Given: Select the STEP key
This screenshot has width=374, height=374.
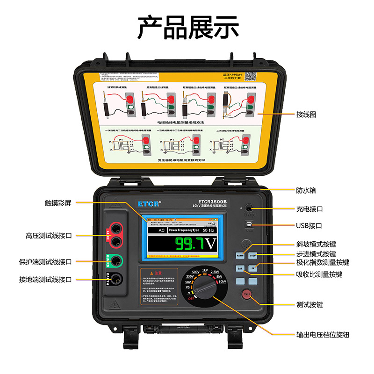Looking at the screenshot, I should [x=253, y=256].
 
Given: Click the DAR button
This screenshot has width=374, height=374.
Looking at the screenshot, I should [x=240, y=269].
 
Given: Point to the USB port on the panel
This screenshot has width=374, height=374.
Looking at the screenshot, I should [x=249, y=225].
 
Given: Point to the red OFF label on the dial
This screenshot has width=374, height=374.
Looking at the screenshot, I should [x=191, y=298].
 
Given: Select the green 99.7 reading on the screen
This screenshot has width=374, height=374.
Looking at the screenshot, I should [x=190, y=244].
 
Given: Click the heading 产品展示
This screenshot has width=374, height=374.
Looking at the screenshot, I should [x=187, y=28].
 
